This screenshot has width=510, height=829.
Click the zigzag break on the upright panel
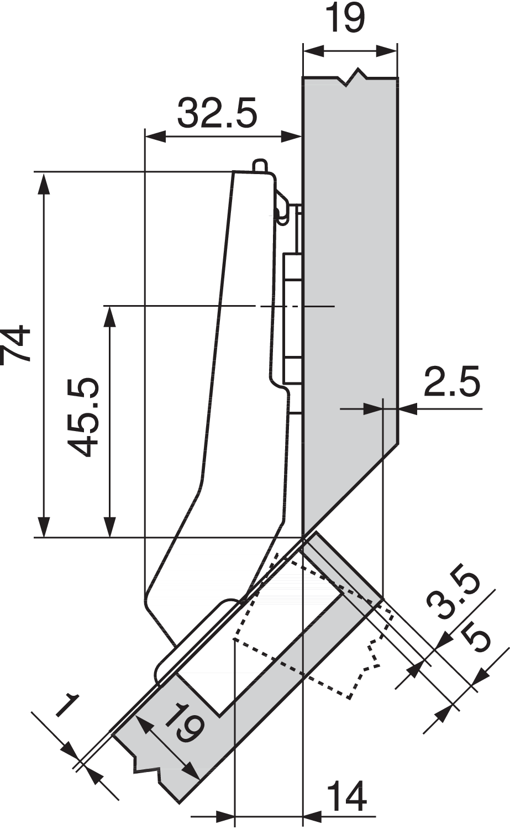pyautogui.click(x=353, y=77)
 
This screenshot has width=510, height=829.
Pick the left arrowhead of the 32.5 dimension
pyautogui.click(x=155, y=135)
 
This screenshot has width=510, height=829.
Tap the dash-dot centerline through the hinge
pyautogui.click(x=293, y=306)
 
